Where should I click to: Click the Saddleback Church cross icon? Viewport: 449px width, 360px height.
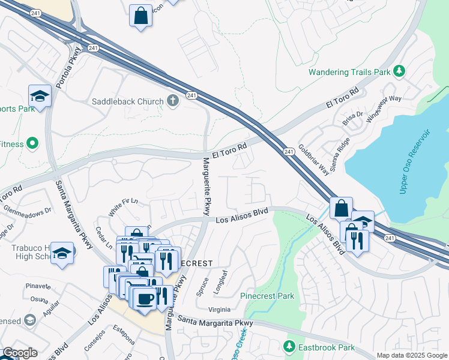pos(173,100)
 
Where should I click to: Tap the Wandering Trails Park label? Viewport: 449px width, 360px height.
pos(349,73)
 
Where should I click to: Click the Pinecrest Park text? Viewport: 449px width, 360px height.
pos(267,296)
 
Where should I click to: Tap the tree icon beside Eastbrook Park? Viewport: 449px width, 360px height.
pos(289,347)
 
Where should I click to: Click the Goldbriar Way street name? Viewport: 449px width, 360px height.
pos(314,160)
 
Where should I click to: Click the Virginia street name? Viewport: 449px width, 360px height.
pos(219,310)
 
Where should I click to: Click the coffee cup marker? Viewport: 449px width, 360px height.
pos(145,298)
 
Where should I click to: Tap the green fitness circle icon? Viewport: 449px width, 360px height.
pos(32,143)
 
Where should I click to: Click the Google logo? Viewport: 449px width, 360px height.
pos(19,353)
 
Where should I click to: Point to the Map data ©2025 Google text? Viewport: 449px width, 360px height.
pos(411,355)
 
